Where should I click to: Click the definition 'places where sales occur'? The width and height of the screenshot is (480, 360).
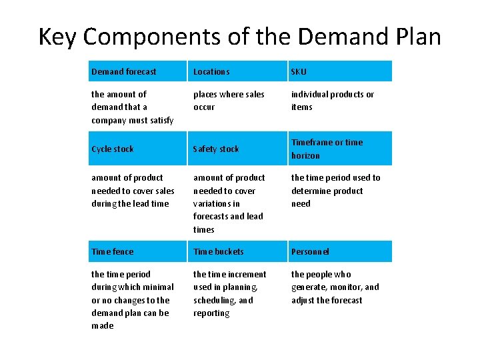click(229, 101)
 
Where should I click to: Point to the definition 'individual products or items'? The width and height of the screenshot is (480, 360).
click(332, 101)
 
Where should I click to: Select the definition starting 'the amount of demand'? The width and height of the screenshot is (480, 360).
click(132, 107)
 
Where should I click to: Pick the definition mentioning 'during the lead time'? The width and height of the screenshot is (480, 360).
click(132, 191)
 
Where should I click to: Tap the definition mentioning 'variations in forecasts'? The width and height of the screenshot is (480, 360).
click(229, 203)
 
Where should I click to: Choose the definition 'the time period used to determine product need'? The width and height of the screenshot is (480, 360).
click(335, 191)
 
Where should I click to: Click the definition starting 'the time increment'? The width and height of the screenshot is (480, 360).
click(229, 293)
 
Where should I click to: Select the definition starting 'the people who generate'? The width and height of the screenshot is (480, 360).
click(335, 287)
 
